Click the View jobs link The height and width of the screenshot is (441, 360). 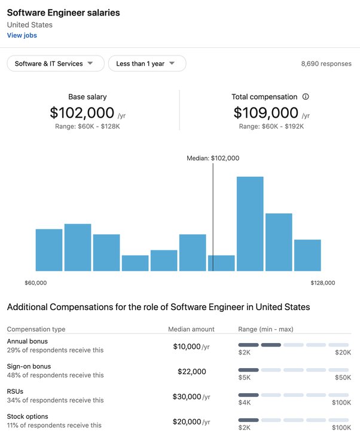(22, 35)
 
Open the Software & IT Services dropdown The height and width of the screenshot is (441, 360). (56, 63)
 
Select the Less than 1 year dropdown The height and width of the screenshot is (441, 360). (147, 63)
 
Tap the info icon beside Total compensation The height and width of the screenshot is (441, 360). (306, 97)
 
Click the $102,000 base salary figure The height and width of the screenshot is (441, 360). (82, 113)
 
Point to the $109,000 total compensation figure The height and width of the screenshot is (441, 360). (266, 113)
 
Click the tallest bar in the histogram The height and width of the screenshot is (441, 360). (250, 224)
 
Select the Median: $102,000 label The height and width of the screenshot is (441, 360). (213, 158)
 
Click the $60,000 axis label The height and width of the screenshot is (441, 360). (36, 283)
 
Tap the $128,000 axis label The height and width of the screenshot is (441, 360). (323, 283)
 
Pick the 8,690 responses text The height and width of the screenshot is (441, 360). (327, 64)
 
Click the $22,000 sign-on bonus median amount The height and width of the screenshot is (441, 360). (192, 372)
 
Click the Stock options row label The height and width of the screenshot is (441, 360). (28, 416)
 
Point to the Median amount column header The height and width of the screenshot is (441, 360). (191, 329)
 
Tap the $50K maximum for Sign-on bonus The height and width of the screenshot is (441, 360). (343, 378)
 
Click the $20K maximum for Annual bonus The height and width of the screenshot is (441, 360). (343, 353)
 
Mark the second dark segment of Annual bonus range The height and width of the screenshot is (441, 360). (271, 345)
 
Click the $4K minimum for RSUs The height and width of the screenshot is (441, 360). (245, 403)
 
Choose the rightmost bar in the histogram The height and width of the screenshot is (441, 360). (307, 255)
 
